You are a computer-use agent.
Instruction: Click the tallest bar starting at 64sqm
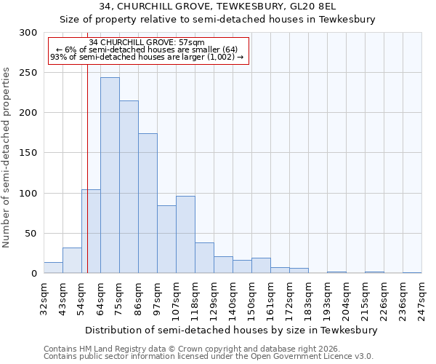pos(110,175)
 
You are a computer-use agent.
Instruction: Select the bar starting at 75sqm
pos(129,186)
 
